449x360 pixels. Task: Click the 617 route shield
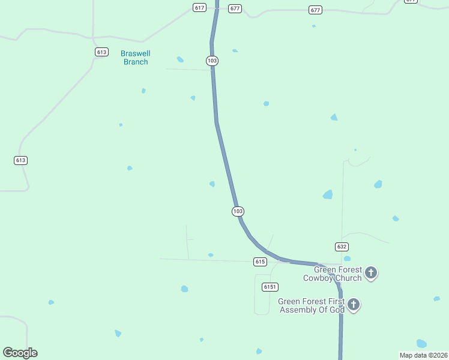click(200, 7)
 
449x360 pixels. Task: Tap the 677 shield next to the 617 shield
click(235, 9)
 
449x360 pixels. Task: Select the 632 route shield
click(342, 247)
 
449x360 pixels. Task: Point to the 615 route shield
click(260, 262)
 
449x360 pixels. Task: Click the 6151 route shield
click(270, 287)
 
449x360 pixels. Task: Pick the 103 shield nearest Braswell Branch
click(212, 61)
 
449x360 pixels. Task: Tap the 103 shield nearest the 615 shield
click(238, 211)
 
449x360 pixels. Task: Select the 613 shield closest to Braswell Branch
click(101, 52)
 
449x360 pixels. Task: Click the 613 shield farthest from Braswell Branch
click(21, 160)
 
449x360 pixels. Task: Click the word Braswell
click(135, 53)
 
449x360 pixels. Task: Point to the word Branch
click(136, 62)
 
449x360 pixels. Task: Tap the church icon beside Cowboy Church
click(371, 273)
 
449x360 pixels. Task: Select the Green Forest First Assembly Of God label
click(311, 305)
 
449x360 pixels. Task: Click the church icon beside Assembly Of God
click(354, 305)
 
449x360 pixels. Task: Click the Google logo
click(20, 353)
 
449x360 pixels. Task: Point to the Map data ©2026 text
click(423, 355)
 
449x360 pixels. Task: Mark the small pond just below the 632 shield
click(347, 259)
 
